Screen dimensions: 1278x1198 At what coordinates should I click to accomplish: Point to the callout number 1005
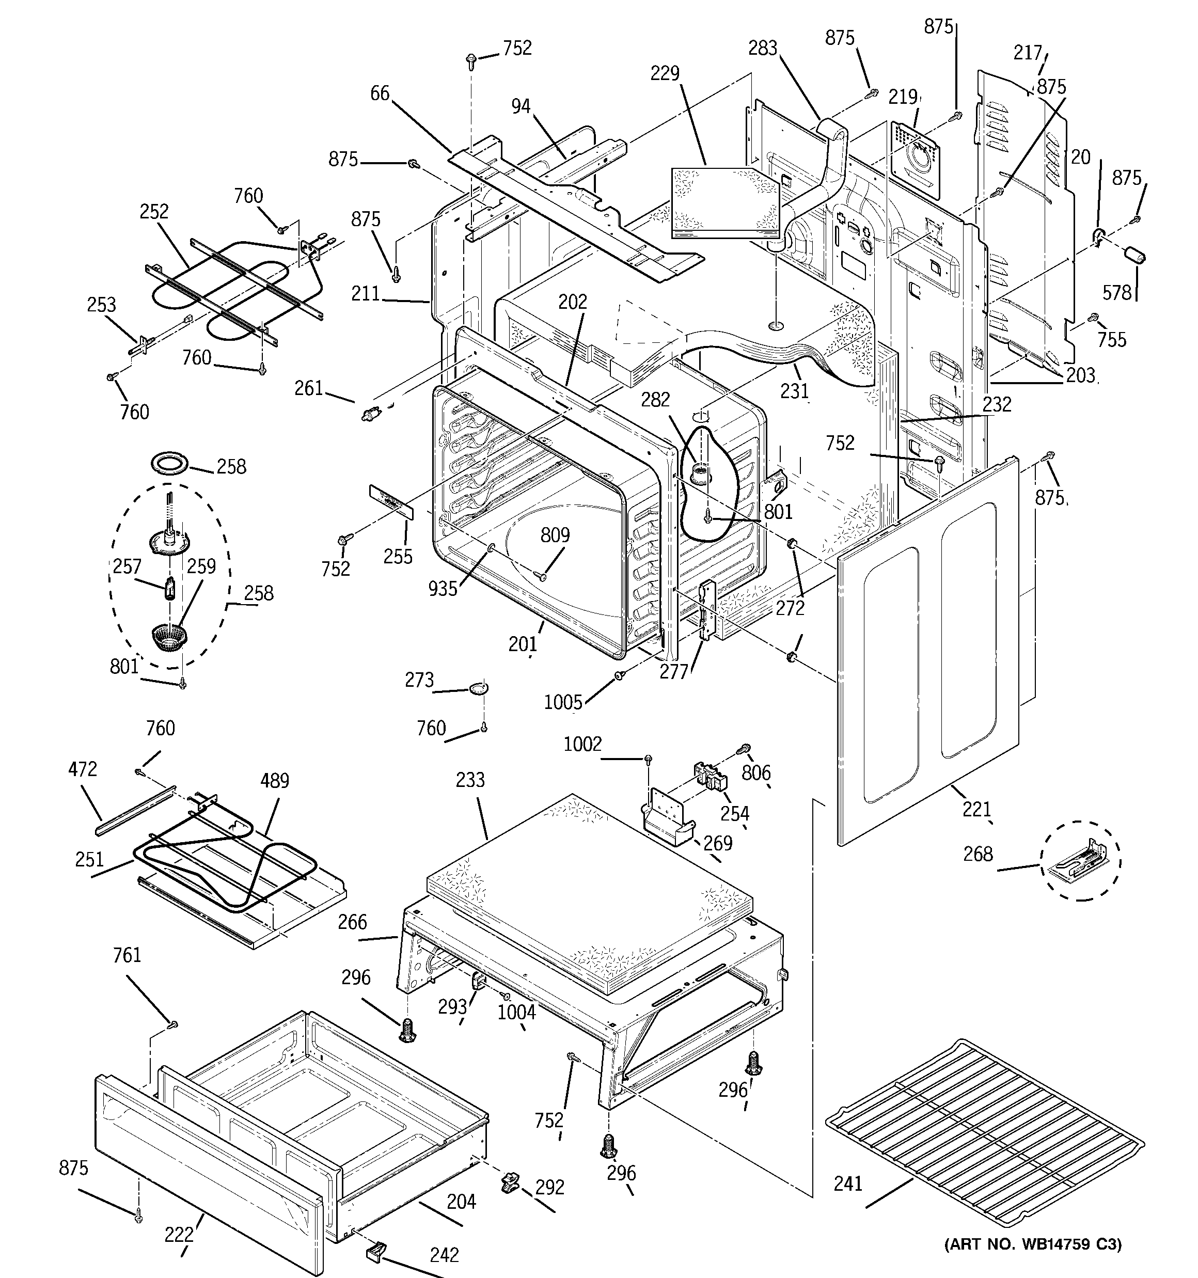563,702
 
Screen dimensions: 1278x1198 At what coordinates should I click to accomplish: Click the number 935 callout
443,588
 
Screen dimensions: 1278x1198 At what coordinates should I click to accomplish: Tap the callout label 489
275,780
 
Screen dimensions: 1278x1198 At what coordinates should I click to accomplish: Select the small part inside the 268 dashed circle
1080,861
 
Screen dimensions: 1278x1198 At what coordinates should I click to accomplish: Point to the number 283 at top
763,48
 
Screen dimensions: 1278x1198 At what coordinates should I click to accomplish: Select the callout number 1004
516,1013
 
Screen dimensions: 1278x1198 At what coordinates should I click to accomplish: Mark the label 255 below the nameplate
398,556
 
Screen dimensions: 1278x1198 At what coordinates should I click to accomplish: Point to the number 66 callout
380,93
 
